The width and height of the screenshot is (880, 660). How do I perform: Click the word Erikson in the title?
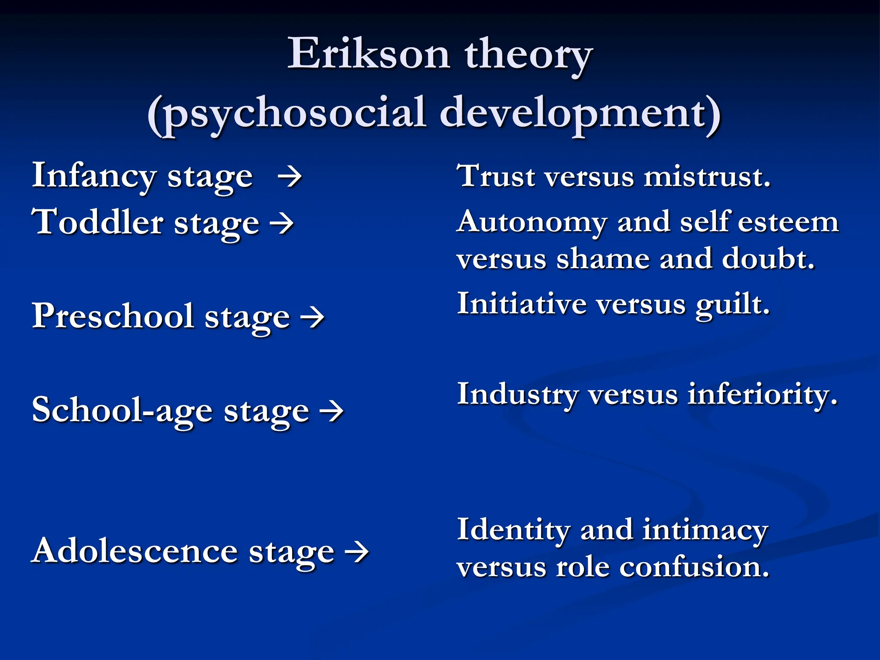click(x=369, y=54)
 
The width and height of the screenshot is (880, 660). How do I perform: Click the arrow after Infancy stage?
click(x=290, y=177)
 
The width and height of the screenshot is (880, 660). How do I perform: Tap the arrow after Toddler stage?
click(x=281, y=224)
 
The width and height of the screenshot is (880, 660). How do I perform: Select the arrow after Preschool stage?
click(x=312, y=318)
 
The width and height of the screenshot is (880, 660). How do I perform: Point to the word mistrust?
click(x=707, y=176)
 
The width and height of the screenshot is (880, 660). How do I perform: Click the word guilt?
click(x=733, y=304)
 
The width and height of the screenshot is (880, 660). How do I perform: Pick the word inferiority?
click(x=762, y=394)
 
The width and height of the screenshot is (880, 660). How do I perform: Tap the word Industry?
click(x=517, y=394)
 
